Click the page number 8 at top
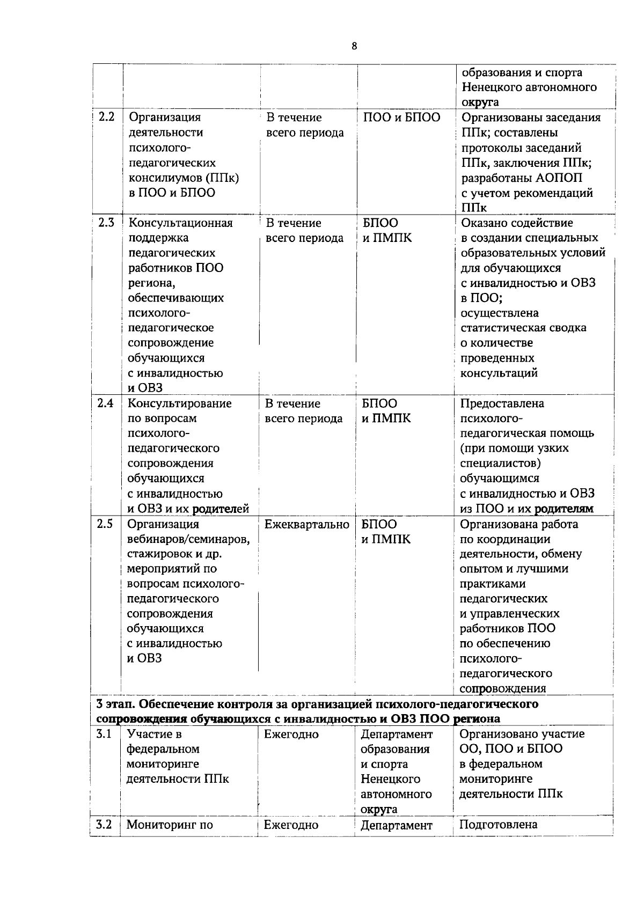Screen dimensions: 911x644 tap(354, 46)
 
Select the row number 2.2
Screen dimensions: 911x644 tap(106, 117)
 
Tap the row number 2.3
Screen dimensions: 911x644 tap(106, 223)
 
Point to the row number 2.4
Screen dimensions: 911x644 tap(105, 403)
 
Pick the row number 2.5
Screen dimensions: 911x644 tap(105, 524)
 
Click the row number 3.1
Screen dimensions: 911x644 tap(104, 734)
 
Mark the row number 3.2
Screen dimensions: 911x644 tap(104, 825)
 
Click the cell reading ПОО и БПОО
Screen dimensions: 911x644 tap(401, 117)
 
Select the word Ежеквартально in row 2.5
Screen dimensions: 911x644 tap(306, 524)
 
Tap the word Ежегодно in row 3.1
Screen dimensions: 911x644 tap(291, 734)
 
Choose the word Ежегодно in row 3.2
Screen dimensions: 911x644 tap(291, 825)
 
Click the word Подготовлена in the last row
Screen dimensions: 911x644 tap(498, 825)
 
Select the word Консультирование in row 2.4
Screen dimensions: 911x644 tap(179, 403)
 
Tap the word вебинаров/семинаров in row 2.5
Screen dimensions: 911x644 tap(188, 539)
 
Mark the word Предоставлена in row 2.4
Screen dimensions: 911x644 tap(502, 403)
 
